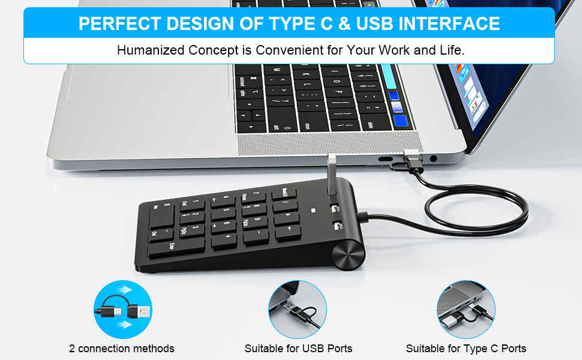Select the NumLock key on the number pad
click(x=283, y=194)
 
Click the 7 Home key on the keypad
click(x=254, y=196)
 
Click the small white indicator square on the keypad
click(x=313, y=211)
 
